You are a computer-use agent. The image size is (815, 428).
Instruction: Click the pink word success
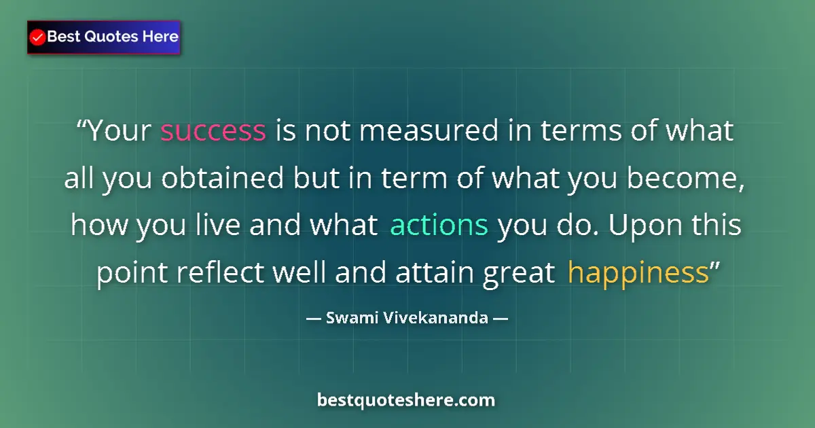point(213,131)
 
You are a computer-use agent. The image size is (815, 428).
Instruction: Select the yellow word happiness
point(638,273)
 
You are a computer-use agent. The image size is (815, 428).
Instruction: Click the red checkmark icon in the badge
point(38,37)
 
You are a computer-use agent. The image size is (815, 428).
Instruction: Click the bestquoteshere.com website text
point(406,400)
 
